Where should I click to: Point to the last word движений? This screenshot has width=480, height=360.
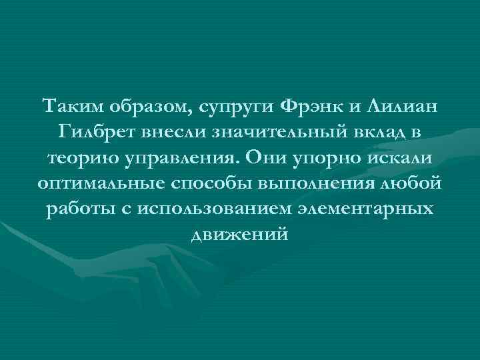(239, 235)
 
